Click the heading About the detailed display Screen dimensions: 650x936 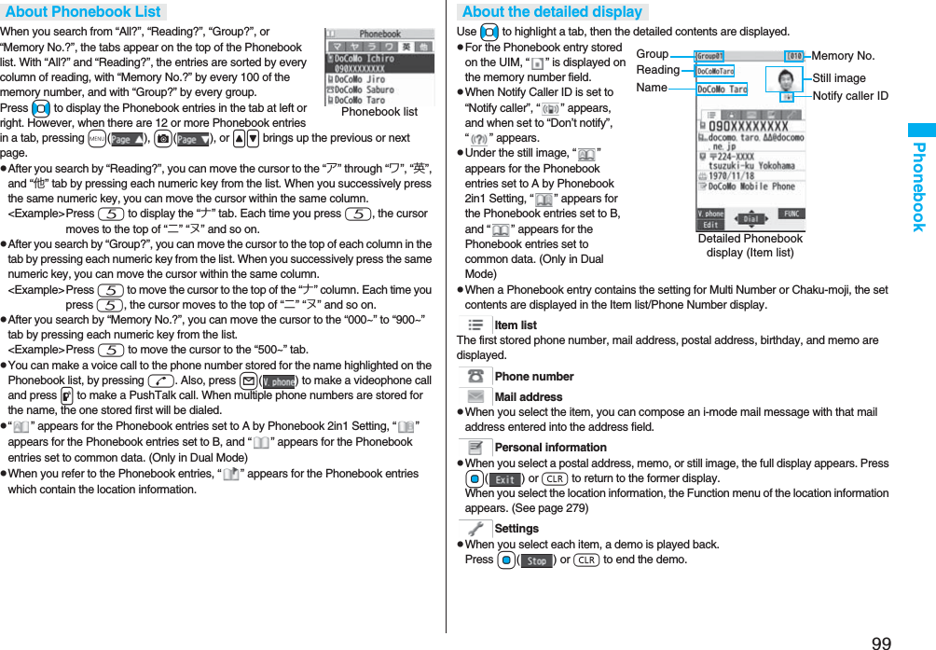pyautogui.click(x=552, y=11)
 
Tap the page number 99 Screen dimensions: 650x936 pyautogui.click(x=881, y=642)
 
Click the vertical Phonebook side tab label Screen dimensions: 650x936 pyautogui.click(x=918, y=187)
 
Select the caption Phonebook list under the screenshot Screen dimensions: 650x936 pyautogui.click(x=379, y=112)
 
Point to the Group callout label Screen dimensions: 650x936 pyautogui.click(x=653, y=54)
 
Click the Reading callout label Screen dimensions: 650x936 pyautogui.click(x=658, y=70)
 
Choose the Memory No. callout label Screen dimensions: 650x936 pyautogui.click(x=843, y=56)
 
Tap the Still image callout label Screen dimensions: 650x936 pyautogui.click(x=838, y=78)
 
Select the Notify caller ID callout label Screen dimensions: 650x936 pyautogui.click(x=849, y=96)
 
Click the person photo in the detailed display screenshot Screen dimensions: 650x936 pyautogui.click(x=783, y=78)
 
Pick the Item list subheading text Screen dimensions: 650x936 pyautogui.click(x=516, y=325)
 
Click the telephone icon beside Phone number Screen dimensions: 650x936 pyautogui.click(x=475, y=376)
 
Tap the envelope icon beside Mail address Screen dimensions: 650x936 pyautogui.click(x=475, y=397)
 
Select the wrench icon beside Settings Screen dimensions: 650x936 pyautogui.click(x=475, y=528)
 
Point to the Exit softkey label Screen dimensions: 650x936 pyautogui.click(x=505, y=479)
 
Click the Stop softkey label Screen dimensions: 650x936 pyautogui.click(x=536, y=561)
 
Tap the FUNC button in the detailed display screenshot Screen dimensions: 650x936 pyautogui.click(x=790, y=214)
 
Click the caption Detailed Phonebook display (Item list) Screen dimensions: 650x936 pyautogui.click(x=750, y=245)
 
